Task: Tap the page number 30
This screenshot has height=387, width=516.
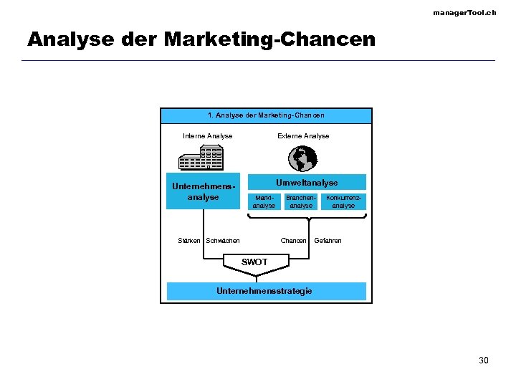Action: pos(484,360)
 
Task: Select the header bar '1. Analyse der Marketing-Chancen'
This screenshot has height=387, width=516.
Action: pos(266,115)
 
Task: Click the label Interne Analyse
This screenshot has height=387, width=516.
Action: pos(208,135)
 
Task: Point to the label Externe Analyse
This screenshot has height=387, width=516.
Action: pos(303,135)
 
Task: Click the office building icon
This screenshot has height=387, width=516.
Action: pos(201,157)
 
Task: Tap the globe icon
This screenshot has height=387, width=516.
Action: pos(302,158)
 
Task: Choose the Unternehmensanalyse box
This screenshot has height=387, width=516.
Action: pos(203,191)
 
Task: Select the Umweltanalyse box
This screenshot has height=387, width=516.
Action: pos(307,182)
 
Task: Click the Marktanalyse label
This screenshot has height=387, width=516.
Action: pos(264,201)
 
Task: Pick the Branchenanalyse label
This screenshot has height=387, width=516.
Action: pos(301,201)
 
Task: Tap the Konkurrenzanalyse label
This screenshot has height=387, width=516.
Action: pos(343,201)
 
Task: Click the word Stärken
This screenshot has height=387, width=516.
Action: pos(189,241)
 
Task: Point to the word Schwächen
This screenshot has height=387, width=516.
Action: pos(223,241)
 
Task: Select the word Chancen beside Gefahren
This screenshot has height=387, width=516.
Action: pos(294,241)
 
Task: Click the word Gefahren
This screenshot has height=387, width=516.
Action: pos(328,241)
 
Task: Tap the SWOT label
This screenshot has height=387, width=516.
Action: pos(254,262)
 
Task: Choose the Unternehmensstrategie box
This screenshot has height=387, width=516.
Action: pos(266,291)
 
